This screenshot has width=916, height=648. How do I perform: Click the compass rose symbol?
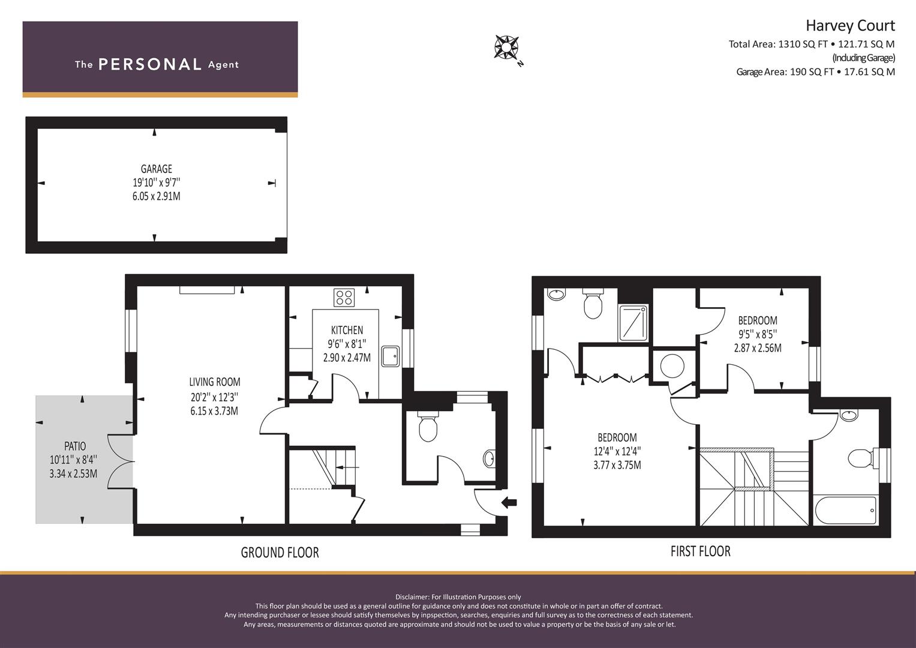tap(506, 47)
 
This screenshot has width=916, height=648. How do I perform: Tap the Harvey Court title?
tap(850, 26)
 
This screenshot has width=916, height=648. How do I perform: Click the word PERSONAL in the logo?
tap(150, 65)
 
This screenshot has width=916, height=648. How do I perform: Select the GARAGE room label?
tap(156, 169)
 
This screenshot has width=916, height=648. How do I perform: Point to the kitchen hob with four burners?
tap(344, 298)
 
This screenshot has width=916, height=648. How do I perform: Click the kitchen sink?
tap(390, 356)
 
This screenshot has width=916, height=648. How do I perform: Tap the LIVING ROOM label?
tap(215, 382)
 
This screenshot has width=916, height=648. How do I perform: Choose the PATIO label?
tap(75, 446)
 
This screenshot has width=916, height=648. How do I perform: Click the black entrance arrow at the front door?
tap(509, 502)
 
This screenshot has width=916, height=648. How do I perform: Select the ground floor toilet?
tap(428, 426)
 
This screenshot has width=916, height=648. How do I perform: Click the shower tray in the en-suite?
tap(633, 323)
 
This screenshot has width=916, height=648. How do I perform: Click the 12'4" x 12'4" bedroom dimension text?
tap(617, 452)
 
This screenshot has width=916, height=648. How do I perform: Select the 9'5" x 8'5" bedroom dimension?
tap(758, 335)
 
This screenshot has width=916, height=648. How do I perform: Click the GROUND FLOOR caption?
tap(280, 553)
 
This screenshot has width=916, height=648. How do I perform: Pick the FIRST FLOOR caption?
tap(701, 551)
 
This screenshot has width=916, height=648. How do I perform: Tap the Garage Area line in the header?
tap(815, 72)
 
